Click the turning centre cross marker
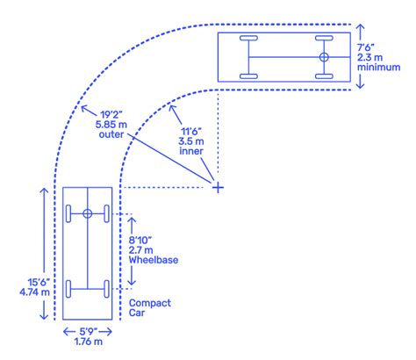pyautogui.click(x=218, y=187)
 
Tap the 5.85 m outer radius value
pyautogui.click(x=111, y=125)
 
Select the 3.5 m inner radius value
pyautogui.click(x=191, y=141)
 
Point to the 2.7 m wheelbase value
pyautogui.click(x=140, y=250)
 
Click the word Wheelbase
pyautogui.click(x=154, y=260)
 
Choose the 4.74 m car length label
pyautogui.click(x=34, y=292)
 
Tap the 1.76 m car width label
pyautogui.click(x=89, y=342)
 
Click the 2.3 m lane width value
pyautogui.click(x=369, y=57)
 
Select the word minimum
pyautogui.click(x=378, y=67)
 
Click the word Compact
pyautogui.click(x=150, y=303)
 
